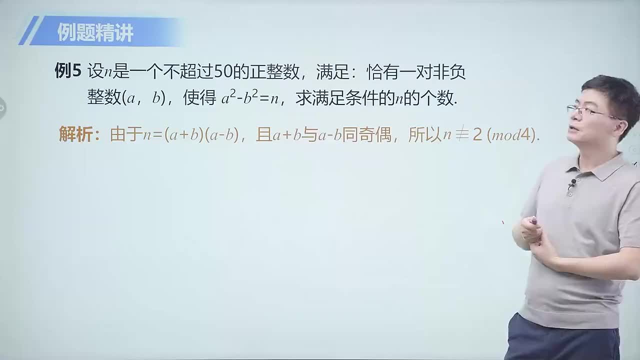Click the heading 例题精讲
click(x=95, y=33)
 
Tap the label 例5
click(x=67, y=71)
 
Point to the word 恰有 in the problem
click(x=382, y=72)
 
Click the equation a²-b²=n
click(x=250, y=98)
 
